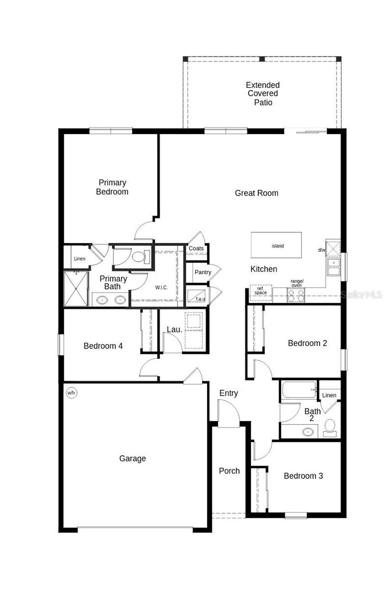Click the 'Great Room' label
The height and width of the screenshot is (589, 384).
point(256,193)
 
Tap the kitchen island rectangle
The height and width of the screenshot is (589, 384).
point(277,245)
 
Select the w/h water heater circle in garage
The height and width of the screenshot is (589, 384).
point(72,393)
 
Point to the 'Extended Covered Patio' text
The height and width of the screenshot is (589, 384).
point(262,94)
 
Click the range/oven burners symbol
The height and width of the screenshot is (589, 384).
point(296,295)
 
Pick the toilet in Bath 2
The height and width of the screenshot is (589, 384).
point(330,427)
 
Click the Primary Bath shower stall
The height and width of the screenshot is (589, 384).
point(76,288)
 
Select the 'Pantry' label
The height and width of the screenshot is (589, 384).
point(203,272)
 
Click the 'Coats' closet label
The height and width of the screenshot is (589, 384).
point(196,249)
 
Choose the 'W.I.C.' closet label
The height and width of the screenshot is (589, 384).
point(161,287)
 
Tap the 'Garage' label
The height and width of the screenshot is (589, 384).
point(132,458)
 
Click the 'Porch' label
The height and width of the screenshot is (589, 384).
point(229,471)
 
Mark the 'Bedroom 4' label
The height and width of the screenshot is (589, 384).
point(103,346)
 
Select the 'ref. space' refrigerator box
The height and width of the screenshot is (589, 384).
point(260,291)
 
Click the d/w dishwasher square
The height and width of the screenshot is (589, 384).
point(333,249)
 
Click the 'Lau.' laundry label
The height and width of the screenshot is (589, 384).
point(175,330)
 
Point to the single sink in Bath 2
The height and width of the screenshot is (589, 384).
point(307,432)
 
